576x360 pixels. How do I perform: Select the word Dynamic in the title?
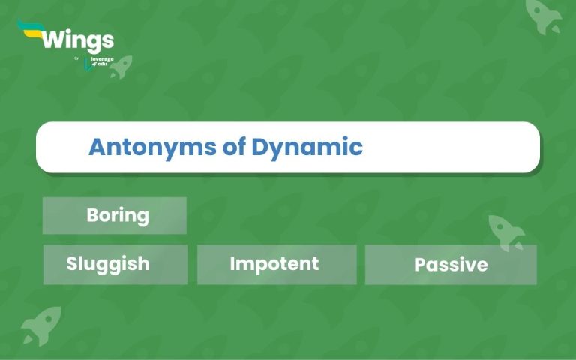coord(307,146)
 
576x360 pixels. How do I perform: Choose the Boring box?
coord(115,216)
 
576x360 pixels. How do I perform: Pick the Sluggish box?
coord(115,264)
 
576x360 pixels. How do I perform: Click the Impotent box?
coord(277,264)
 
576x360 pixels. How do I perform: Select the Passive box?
coord(451,265)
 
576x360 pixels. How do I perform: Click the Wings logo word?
coord(77,40)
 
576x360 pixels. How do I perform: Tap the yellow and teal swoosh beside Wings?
coord(29,30)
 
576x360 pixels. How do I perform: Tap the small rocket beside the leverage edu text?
coord(120,66)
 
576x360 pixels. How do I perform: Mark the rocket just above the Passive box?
coord(506,232)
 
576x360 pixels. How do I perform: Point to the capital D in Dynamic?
coord(259,146)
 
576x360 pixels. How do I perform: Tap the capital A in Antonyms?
coord(97,146)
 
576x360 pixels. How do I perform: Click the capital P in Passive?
coord(419,265)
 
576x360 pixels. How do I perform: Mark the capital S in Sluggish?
coord(72,264)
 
